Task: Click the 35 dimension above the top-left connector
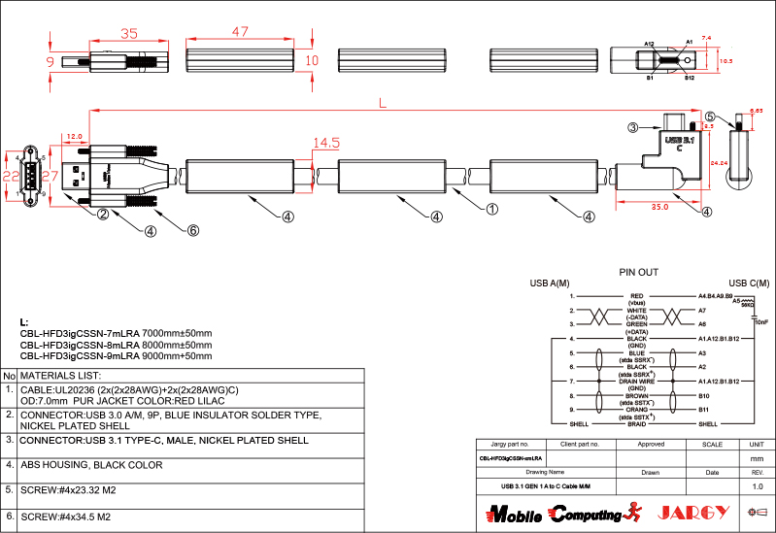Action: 128,33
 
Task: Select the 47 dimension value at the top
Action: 240,32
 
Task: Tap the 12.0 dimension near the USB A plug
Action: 76,137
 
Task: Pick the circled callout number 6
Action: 192,230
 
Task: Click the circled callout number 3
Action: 632,127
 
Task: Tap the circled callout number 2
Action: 101,216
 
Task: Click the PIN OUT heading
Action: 638,272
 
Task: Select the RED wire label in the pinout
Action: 637,295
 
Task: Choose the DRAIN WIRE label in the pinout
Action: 637,382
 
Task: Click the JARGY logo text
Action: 694,513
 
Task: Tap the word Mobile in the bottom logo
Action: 513,514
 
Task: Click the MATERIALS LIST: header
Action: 61,375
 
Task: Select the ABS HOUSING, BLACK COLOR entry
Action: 91,465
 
